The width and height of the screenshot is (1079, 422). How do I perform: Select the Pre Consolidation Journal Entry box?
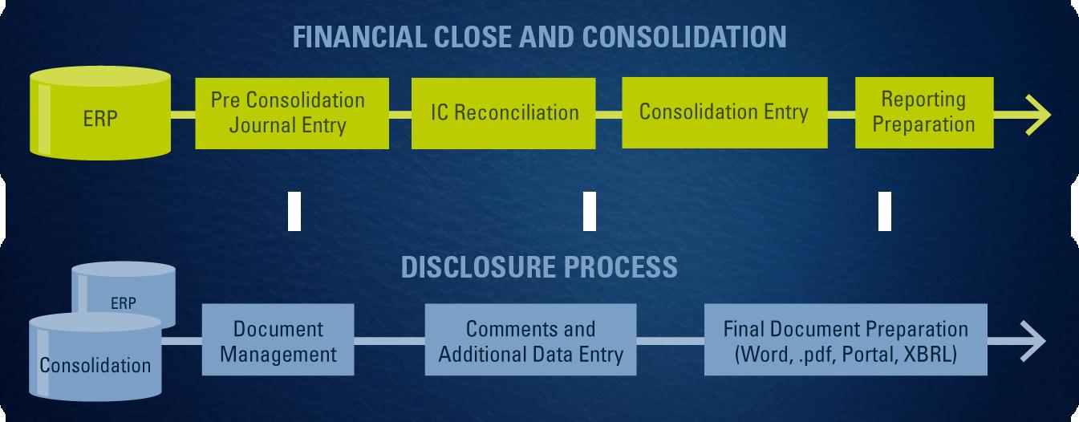287,112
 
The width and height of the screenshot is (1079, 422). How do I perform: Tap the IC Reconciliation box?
504,112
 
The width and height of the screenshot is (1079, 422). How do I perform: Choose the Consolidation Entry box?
723,112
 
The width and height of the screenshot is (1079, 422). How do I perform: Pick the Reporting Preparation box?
923,112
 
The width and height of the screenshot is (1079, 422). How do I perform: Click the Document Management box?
278,340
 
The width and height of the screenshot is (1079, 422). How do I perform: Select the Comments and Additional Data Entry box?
530,340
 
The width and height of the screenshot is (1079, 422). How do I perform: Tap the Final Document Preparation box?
846,340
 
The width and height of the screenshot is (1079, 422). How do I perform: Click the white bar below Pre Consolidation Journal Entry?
294,211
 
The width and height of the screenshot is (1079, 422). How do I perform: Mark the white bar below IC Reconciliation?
590,211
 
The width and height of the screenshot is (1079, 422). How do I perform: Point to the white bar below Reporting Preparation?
885,211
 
